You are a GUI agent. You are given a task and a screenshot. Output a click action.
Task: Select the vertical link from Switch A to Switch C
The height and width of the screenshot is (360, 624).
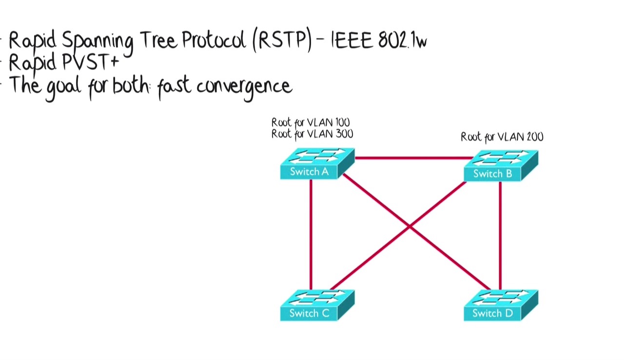(311, 234)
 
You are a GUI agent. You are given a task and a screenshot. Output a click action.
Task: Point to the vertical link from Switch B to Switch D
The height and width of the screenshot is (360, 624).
(500, 234)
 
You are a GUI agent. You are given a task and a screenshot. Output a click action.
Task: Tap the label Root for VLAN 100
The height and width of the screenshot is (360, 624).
(311, 122)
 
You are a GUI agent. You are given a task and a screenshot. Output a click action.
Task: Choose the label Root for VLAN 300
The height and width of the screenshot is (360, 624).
(312, 134)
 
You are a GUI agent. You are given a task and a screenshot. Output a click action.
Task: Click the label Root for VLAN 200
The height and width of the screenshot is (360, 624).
(502, 137)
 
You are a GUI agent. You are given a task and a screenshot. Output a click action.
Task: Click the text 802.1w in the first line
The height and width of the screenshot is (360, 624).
(402, 41)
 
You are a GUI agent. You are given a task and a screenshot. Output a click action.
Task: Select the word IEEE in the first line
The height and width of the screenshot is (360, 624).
(353, 41)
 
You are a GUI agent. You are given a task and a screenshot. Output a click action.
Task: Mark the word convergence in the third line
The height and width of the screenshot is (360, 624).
(244, 87)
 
